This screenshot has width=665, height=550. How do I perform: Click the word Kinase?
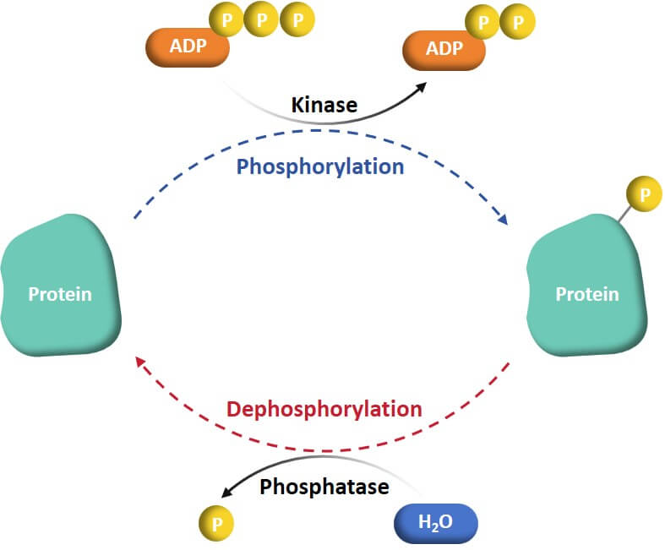point(324,106)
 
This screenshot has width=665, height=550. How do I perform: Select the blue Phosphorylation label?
point(320,166)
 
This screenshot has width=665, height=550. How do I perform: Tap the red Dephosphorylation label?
point(324,410)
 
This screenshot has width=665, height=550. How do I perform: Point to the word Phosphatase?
point(324,487)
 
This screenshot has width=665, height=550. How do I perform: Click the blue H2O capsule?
point(436,523)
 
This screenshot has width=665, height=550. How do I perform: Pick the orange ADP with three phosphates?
point(188,47)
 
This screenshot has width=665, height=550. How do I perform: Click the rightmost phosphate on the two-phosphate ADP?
point(517,22)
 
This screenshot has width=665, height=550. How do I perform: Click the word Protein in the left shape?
point(60,295)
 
